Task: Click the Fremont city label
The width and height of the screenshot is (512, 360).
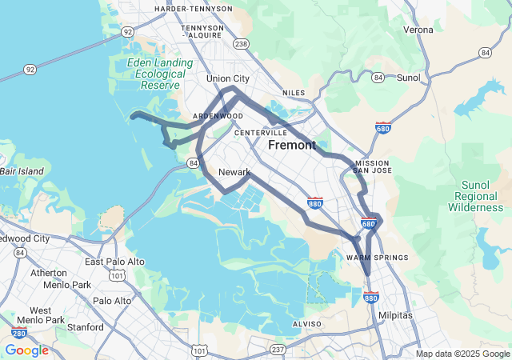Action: pyautogui.click(x=292, y=146)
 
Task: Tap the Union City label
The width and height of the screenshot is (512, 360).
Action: pyautogui.click(x=228, y=78)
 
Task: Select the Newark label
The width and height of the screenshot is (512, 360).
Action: pyautogui.click(x=234, y=172)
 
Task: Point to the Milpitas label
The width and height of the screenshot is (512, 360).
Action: pyautogui.click(x=395, y=315)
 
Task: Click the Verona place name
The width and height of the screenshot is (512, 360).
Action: pyautogui.click(x=418, y=30)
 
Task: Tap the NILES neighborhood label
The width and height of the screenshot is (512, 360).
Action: pyautogui.click(x=294, y=93)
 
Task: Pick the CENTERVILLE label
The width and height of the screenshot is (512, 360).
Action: pyautogui.click(x=261, y=133)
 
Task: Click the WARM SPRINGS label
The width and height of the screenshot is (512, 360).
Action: pyautogui.click(x=378, y=258)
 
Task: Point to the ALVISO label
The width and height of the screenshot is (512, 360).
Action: pyautogui.click(x=306, y=324)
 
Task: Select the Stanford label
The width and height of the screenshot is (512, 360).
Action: pyautogui.click(x=86, y=327)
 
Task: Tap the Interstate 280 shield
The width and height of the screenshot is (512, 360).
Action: pyautogui.click(x=18, y=333)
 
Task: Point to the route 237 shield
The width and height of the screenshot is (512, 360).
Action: pyautogui.click(x=278, y=349)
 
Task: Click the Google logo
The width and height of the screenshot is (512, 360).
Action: pyautogui.click(x=26, y=350)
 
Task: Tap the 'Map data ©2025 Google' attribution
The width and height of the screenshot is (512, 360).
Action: pyautogui.click(x=462, y=354)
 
